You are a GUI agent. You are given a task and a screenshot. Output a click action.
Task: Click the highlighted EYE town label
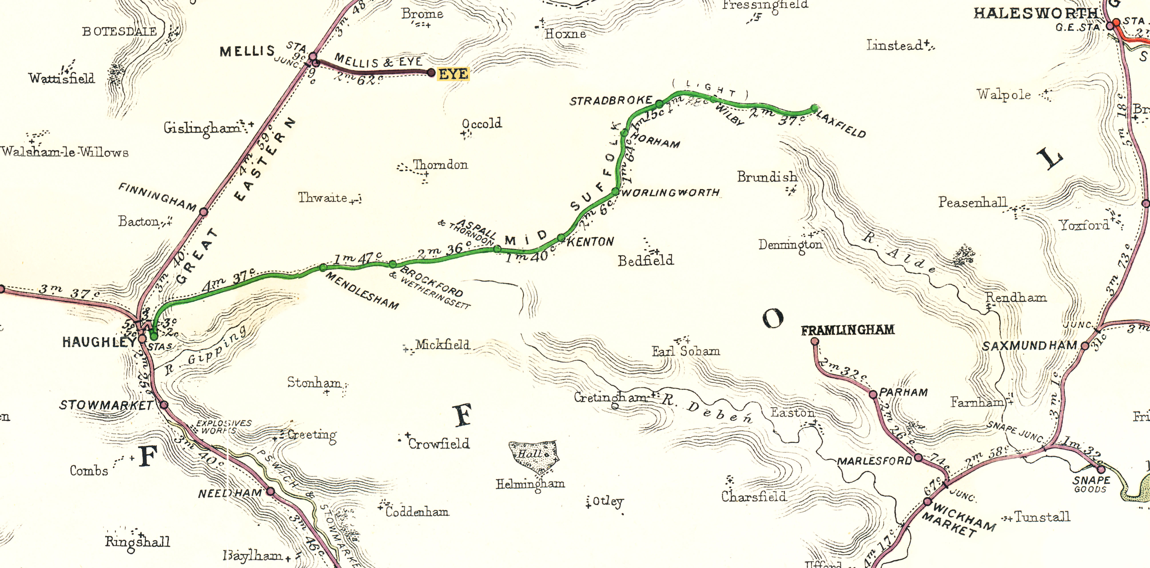coord(453,74)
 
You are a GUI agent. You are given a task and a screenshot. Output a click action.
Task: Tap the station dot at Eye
coord(431,72)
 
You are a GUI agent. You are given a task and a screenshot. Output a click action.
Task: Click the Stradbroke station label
coord(611,101)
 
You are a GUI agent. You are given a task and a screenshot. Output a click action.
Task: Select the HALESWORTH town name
coord(1035,13)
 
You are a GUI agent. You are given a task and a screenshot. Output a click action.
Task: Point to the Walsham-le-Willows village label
coord(65,152)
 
